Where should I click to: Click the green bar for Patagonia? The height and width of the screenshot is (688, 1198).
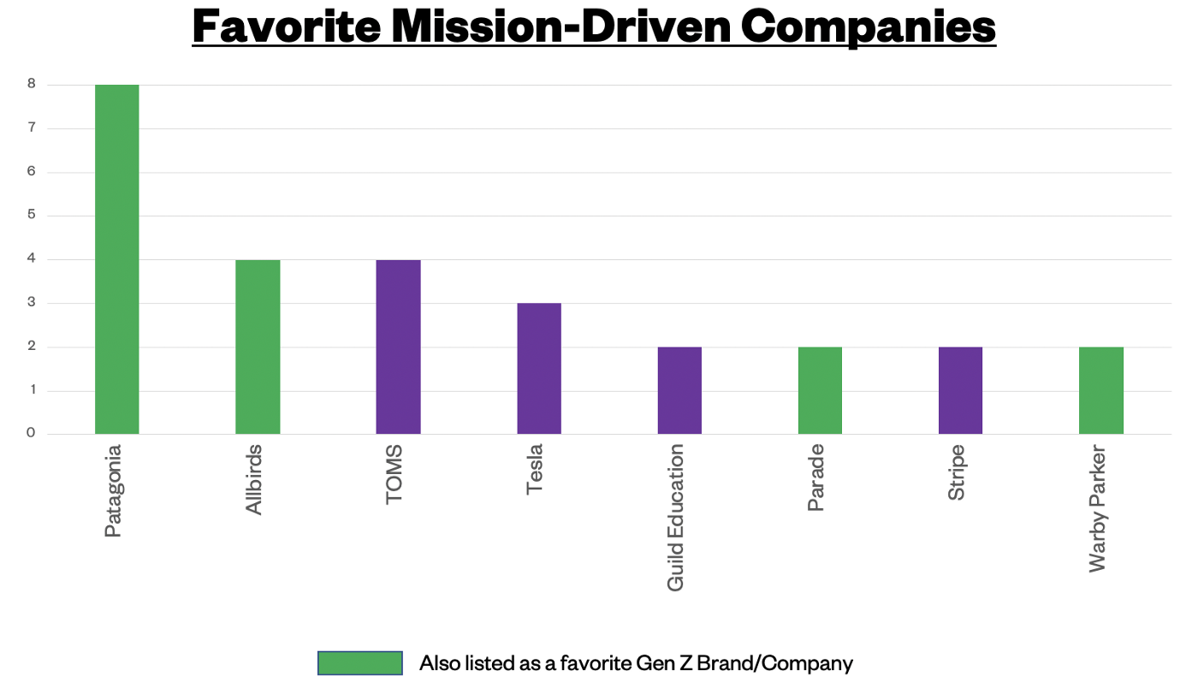click(117, 259)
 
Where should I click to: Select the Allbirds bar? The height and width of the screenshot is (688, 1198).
click(258, 347)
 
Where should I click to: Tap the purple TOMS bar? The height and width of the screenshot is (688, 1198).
click(398, 347)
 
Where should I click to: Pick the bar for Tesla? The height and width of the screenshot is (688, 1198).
click(539, 368)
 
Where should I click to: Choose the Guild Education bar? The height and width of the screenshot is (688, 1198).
click(679, 390)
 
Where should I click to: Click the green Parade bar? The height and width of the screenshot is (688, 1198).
click(820, 390)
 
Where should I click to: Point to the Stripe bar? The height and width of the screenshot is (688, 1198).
click(960, 390)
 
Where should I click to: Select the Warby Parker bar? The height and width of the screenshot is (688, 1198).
click(1101, 390)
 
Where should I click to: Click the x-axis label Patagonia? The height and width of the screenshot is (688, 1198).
click(113, 490)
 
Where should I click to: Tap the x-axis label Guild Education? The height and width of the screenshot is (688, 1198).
click(676, 517)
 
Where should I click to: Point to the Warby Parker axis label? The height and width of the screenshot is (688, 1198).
click(1098, 508)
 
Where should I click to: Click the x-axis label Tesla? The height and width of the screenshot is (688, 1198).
click(535, 470)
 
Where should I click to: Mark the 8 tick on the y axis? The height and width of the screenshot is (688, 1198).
click(31, 85)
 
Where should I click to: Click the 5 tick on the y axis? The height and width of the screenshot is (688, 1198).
click(31, 215)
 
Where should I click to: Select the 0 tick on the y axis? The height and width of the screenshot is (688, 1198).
click(31, 433)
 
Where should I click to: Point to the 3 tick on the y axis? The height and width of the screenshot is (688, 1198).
click(31, 303)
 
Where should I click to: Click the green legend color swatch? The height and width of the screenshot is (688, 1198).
click(359, 663)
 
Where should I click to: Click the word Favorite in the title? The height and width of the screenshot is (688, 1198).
click(287, 27)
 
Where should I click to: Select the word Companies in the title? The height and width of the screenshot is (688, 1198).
click(868, 27)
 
